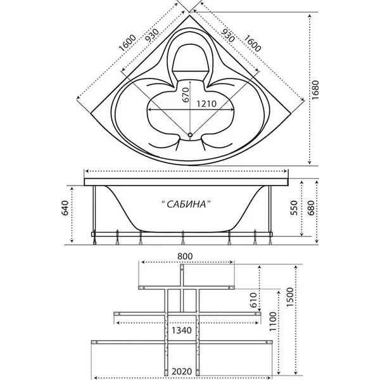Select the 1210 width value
(x=206, y=104)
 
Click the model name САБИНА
(x=185, y=203)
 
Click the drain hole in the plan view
(x=190, y=135)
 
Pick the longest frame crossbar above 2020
(x=184, y=344)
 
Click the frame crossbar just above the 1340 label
(x=184, y=314)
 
